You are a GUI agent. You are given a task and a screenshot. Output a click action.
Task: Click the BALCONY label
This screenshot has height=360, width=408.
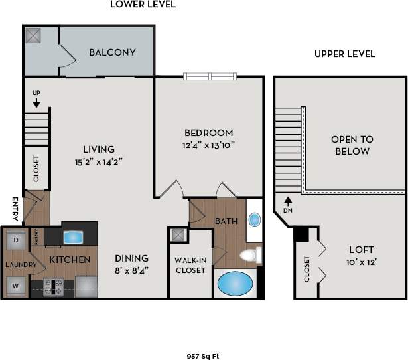[x=112, y=52]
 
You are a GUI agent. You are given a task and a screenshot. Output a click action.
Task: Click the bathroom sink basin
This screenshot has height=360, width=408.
[x=254, y=220]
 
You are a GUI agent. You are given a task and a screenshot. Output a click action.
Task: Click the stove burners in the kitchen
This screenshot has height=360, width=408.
[x=53, y=286]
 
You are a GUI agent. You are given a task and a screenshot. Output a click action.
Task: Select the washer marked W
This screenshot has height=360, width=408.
[x=14, y=286]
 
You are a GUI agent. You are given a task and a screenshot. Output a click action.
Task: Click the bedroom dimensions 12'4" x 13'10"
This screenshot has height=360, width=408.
[x=209, y=145]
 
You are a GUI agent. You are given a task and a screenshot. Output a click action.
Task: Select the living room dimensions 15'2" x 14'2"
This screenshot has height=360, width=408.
[x=98, y=161]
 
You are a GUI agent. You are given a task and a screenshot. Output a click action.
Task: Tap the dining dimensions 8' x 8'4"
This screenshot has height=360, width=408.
[x=131, y=270]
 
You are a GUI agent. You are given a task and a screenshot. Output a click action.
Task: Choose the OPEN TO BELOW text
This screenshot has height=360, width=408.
[x=352, y=145]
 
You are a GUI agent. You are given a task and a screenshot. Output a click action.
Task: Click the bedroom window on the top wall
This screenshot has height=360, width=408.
[x=209, y=76]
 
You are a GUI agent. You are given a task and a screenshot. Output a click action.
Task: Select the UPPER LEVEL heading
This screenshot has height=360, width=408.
[x=345, y=54]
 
